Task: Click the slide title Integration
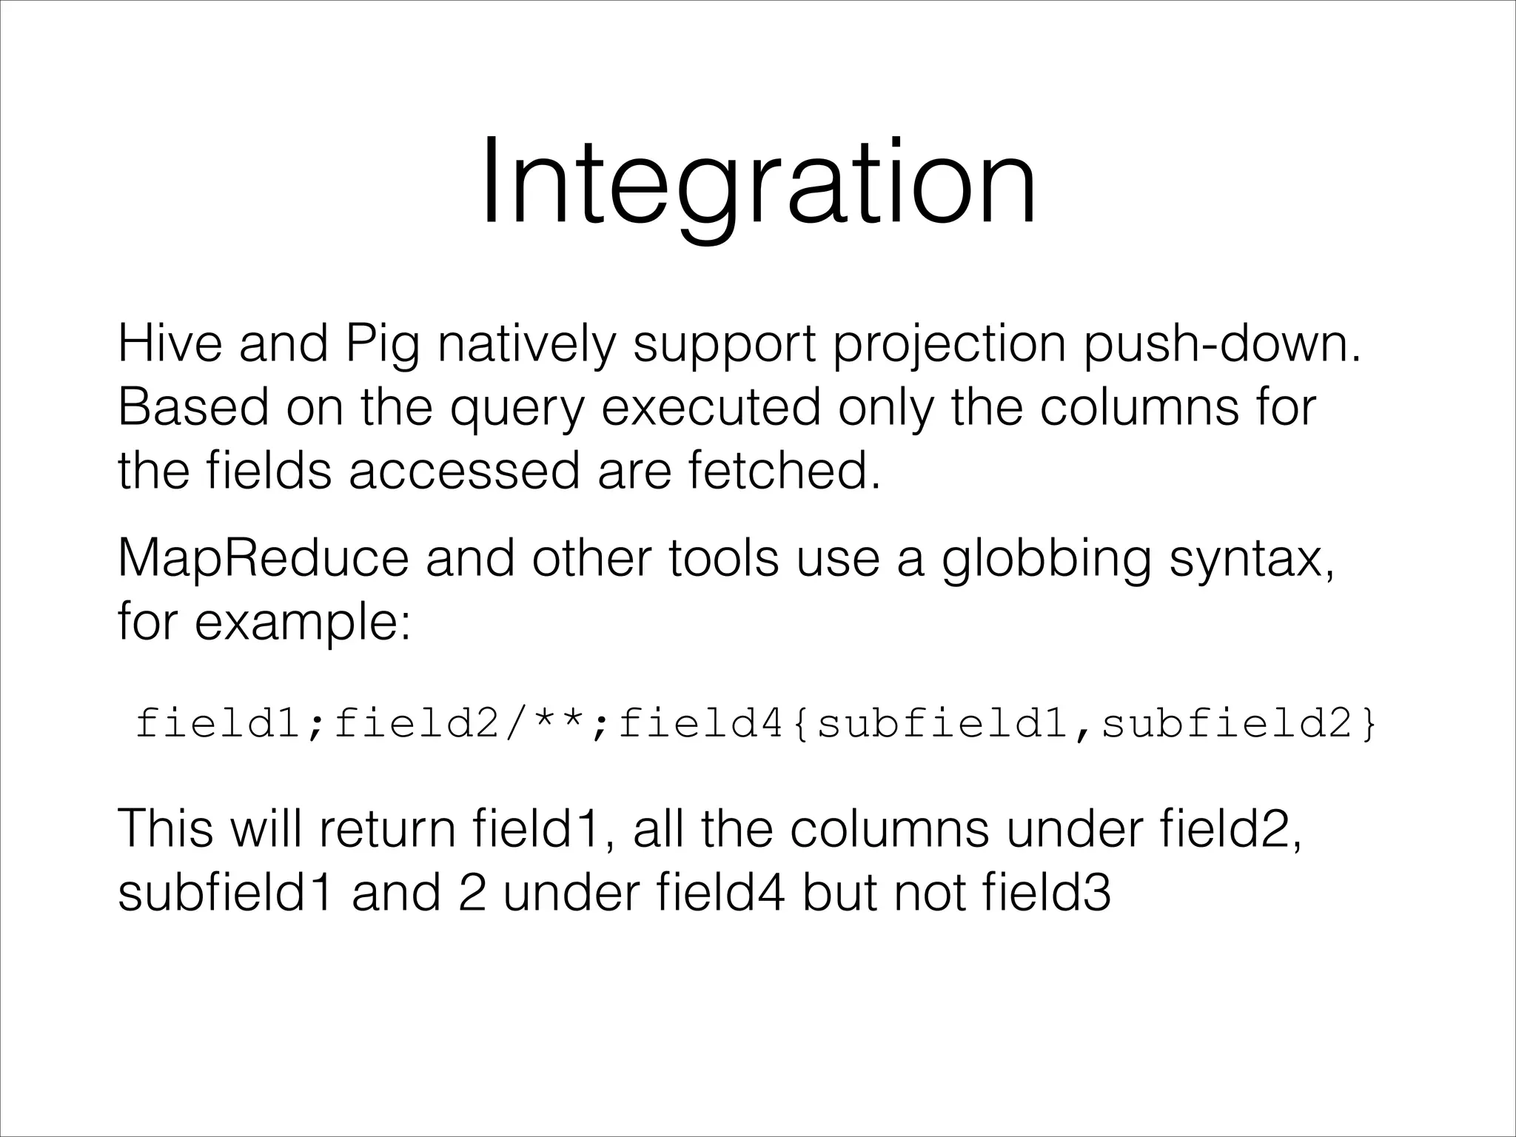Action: tap(758, 185)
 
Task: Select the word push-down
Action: tap(1221, 345)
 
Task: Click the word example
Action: tap(302, 624)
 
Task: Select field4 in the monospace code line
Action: tap(700, 724)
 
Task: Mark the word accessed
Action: tap(464, 471)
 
